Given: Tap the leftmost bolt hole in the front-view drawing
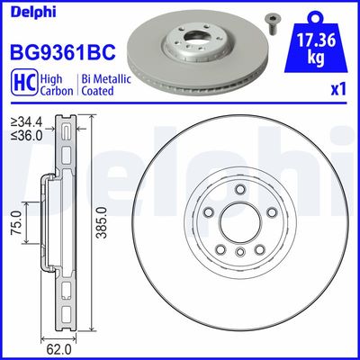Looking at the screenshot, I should point(209,212).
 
